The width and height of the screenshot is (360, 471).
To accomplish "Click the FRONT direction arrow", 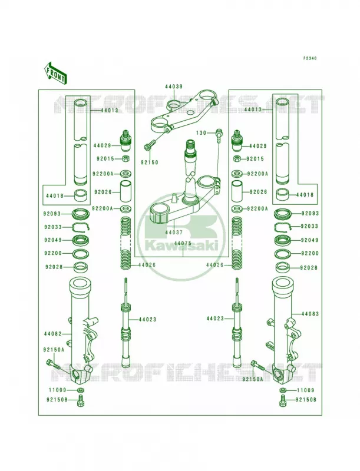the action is point(55,73).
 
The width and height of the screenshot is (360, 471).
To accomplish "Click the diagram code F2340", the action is point(309,58).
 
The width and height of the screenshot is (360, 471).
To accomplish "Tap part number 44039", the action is point(174,87).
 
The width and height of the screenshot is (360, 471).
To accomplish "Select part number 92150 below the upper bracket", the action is point(150,162).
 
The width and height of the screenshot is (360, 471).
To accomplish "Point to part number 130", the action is point(202,133).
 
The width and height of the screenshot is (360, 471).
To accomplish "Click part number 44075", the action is point(183,243).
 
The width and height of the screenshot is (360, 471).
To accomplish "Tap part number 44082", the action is point(53,334).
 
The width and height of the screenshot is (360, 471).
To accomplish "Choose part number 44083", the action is point(310,314).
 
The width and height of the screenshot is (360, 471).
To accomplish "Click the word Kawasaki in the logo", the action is point(181,246).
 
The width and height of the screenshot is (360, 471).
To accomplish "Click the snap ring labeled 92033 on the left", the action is point(81,228).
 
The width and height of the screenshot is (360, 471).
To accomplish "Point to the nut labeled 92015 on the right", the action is point(236,158).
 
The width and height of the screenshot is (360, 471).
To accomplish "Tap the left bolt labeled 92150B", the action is point(80,400).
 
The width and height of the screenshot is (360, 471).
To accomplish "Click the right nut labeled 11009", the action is point(282,390).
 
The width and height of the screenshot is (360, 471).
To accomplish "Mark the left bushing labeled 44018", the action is point(81,195).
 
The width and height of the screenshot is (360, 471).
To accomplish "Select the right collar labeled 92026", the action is point(237,192).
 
